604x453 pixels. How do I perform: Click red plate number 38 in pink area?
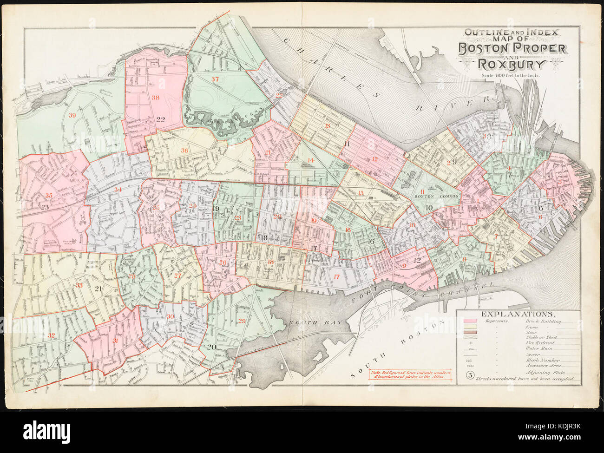(x=155, y=98)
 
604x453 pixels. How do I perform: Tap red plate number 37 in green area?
(x=215, y=79)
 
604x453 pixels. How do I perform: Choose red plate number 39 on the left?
(x=72, y=116)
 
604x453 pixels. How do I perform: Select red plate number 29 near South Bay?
(x=242, y=321)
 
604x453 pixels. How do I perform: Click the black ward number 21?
(x=98, y=289)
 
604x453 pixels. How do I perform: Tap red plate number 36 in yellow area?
(x=184, y=150)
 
